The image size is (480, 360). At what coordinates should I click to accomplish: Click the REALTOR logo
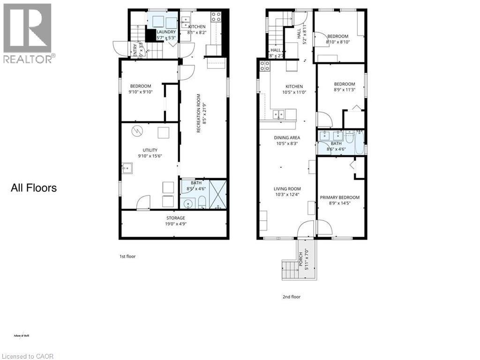coord(28,33)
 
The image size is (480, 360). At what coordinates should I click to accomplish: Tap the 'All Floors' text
coord(34,188)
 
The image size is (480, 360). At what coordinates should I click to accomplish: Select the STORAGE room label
coord(175,218)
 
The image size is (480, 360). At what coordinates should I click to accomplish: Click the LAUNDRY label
coord(166,32)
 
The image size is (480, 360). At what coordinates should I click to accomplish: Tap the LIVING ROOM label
coord(288,189)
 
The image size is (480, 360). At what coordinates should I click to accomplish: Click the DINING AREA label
coord(288,137)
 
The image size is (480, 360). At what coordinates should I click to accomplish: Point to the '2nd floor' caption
coord(291,296)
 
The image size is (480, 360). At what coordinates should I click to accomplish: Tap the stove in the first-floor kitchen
coord(217,17)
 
